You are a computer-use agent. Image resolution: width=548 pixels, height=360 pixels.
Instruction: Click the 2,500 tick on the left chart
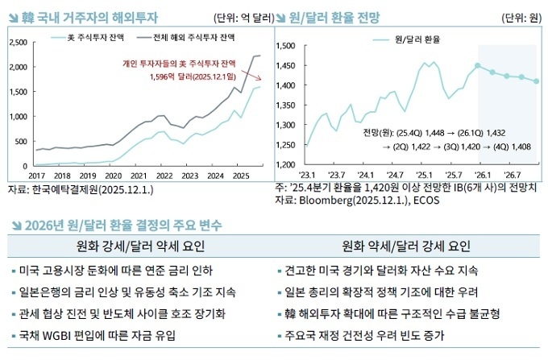(x=18, y=41)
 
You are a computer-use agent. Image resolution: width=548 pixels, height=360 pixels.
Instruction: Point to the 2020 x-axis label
(x=113, y=175)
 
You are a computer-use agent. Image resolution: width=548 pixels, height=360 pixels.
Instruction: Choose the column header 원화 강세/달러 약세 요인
(x=137, y=246)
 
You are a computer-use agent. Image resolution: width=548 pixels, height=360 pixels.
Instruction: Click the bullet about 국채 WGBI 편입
(x=96, y=335)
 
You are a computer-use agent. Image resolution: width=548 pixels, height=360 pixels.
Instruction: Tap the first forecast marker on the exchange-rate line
(x=478, y=65)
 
